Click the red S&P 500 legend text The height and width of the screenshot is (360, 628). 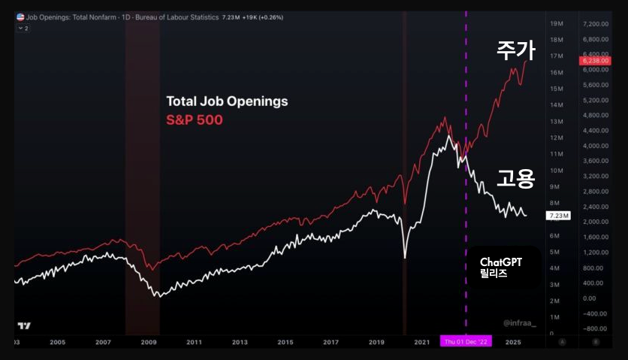[194, 119]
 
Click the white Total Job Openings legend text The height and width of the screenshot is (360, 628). [226, 101]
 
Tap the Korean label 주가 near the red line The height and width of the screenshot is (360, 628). [515, 50]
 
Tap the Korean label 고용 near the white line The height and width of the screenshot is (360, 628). [515, 178]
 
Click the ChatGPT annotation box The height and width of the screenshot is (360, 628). [501, 268]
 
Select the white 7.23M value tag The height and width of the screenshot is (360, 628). [559, 215]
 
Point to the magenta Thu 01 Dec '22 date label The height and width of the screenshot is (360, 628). [466, 342]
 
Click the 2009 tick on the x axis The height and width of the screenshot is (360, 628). [149, 342]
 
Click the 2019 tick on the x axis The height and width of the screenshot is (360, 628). [376, 342]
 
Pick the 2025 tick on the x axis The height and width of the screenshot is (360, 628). [514, 342]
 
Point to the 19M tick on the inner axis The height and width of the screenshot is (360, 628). [557, 24]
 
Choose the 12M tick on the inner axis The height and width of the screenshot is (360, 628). [557, 138]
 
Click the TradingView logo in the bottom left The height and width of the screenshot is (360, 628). [25, 325]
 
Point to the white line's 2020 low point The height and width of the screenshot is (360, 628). [405, 258]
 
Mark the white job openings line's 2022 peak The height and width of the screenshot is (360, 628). [448, 136]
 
